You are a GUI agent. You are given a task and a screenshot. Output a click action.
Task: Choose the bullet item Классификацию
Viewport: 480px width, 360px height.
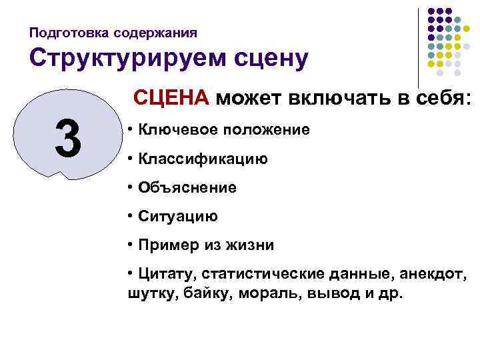point(203,159)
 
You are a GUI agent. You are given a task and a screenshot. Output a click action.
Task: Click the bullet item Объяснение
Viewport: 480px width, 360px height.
point(187,187)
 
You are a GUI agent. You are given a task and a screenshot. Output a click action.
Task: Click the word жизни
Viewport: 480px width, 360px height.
point(251,245)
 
